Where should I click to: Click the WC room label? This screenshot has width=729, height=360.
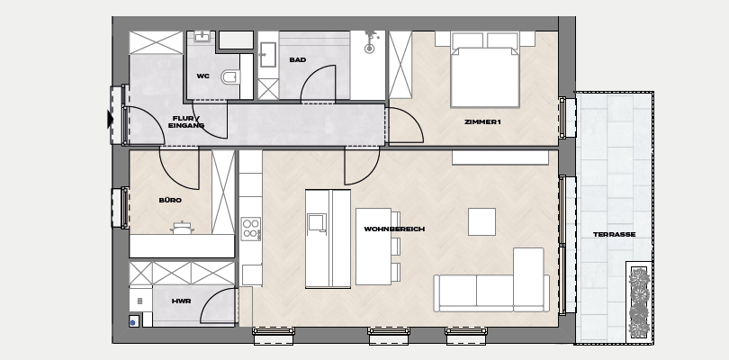click(x=202, y=76)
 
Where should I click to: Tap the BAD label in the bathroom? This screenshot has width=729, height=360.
click(x=298, y=59)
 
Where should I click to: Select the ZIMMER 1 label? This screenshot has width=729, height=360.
click(x=482, y=121)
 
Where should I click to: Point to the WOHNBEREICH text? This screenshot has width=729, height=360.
click(x=394, y=229)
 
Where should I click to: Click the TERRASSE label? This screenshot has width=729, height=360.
click(x=614, y=234)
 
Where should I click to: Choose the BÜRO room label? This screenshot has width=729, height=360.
click(x=170, y=200)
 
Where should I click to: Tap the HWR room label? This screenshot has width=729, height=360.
click(x=181, y=301)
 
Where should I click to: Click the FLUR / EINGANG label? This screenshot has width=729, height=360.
click(x=186, y=121)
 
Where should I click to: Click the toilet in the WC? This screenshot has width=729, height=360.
click(x=231, y=76)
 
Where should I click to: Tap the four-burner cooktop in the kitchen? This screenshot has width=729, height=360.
click(x=251, y=229)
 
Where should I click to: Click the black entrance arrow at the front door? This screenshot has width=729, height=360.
click(x=110, y=120)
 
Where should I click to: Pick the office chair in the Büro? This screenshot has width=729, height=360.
click(x=182, y=228)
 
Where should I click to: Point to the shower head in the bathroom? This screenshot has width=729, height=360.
click(x=370, y=42)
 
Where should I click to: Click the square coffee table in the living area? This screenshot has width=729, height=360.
click(x=481, y=222)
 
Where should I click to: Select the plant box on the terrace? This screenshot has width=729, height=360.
click(x=639, y=302)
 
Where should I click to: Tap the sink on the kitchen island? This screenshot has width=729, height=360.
click(x=317, y=222)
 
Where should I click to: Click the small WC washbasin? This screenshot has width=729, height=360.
click(x=202, y=37)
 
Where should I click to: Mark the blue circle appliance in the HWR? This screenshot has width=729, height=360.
click(x=134, y=321)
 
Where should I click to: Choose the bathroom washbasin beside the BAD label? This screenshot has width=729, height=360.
click(x=268, y=54)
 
